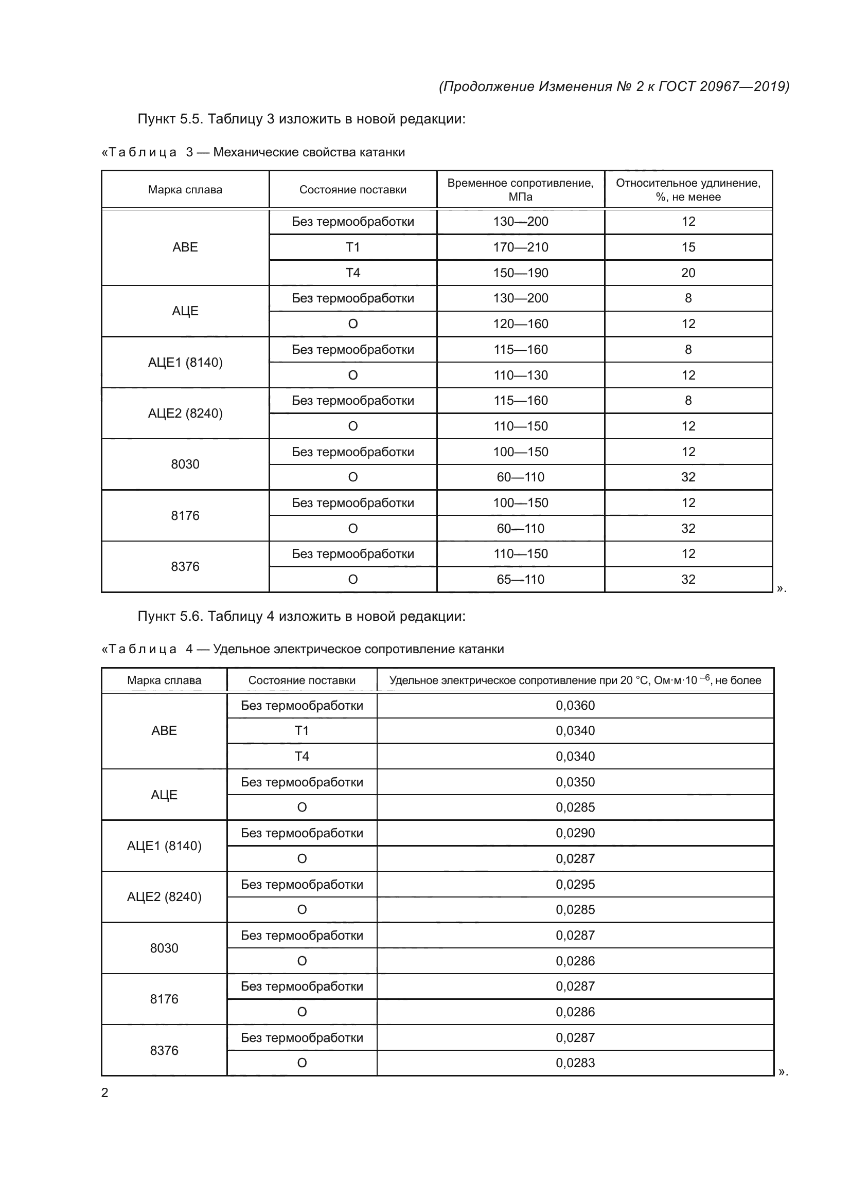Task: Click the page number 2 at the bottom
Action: pos(105,1093)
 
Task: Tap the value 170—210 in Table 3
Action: pos(520,247)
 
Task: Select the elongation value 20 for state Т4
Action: pos(688,273)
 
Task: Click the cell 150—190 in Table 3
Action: pos(520,273)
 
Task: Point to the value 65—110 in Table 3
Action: pos(520,580)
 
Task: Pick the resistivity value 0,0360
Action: pos(575,706)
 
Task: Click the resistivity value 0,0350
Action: pos(575,782)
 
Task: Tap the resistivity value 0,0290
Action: pos(575,833)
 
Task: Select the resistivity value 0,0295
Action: pos(575,885)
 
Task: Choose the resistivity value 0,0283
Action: pos(575,1063)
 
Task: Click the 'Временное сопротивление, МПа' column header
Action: pos(520,190)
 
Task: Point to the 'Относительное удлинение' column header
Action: pos(688,190)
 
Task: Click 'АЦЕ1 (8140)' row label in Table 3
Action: pos(185,363)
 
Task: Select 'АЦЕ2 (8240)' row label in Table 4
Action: pos(164,897)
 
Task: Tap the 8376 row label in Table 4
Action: pos(164,1051)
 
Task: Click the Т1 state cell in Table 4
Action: pos(302,731)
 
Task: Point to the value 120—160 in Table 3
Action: pos(520,324)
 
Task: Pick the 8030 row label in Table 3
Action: pos(185,464)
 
